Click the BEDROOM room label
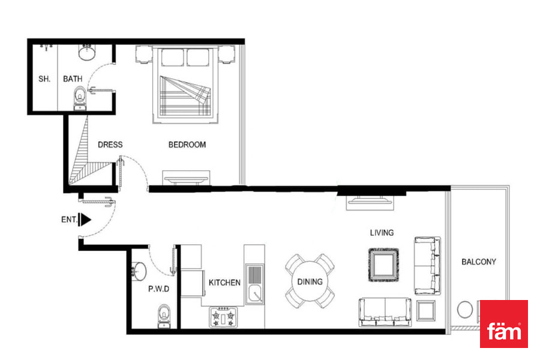pyautogui.click(x=187, y=145)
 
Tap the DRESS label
pyautogui.click(x=110, y=145)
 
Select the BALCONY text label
pyautogui.click(x=479, y=262)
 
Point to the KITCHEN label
pyautogui.click(x=224, y=283)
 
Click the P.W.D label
pyautogui.click(x=159, y=289)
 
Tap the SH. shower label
pyautogui.click(x=44, y=79)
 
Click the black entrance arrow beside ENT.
pyautogui.click(x=85, y=220)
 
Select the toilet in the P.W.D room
pyautogui.click(x=164, y=316)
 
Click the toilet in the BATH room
pyautogui.click(x=80, y=98)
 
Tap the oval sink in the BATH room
pyautogui.click(x=87, y=52)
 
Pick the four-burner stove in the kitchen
pyautogui.click(x=223, y=317)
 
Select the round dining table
pyautogui.click(x=310, y=281)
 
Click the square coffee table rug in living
pyautogui.click(x=383, y=265)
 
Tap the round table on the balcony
pyautogui.click(x=465, y=310)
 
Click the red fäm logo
pyautogui.click(x=504, y=323)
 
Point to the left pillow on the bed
pyautogui.click(x=173, y=58)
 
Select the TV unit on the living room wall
pyautogui.click(x=370, y=203)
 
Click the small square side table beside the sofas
pyautogui.click(x=426, y=311)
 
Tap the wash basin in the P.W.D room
pyautogui.click(x=139, y=271)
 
